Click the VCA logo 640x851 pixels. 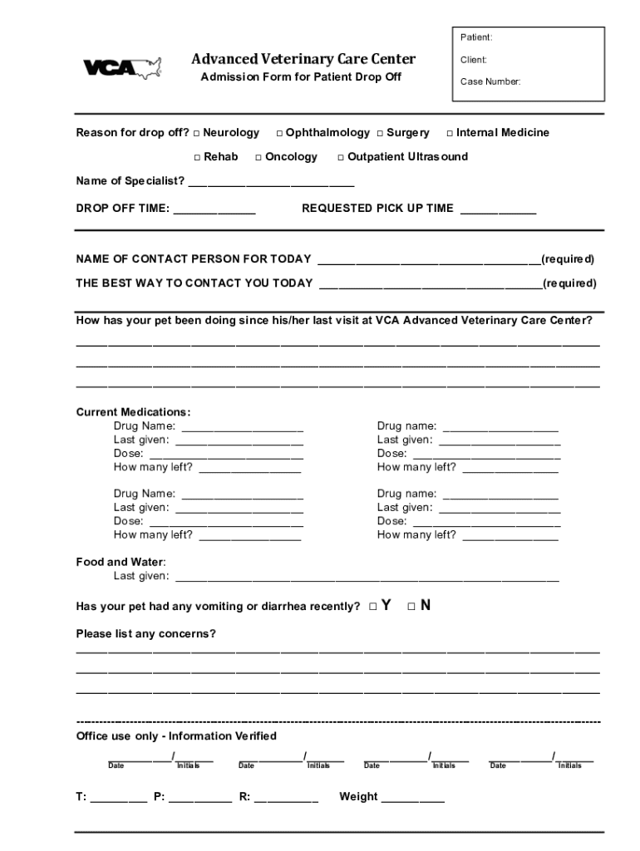(121, 67)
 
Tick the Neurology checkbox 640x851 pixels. (197, 133)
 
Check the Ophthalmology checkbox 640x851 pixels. (279, 133)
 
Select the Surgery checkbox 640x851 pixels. (380, 133)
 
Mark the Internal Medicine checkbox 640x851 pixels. (450, 133)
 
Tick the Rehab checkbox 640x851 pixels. (198, 157)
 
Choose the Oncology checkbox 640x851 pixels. (258, 157)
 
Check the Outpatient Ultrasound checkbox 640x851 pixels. (341, 157)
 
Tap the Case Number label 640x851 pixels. (490, 81)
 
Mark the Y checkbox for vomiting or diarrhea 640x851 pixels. (373, 607)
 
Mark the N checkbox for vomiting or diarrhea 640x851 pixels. (411, 607)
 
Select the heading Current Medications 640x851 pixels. (133, 412)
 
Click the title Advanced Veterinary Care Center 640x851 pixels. (303, 59)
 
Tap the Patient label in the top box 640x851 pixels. (476, 37)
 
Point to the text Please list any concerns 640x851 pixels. (145, 634)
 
